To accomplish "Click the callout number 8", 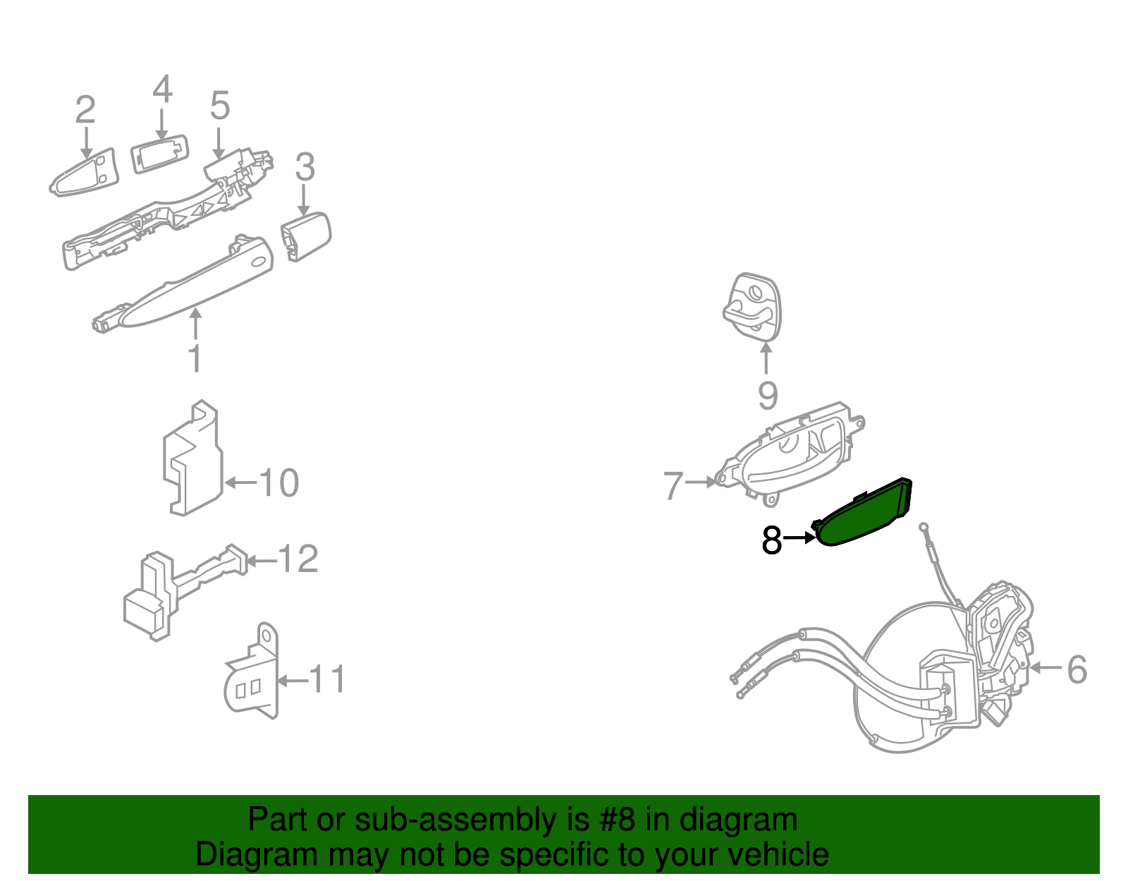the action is (x=771, y=540).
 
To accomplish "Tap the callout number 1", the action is (x=195, y=358).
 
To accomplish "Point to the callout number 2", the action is (x=85, y=109).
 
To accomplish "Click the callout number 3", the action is (x=305, y=166).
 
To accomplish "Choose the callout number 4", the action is (x=162, y=89).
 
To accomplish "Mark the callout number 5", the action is (x=220, y=105).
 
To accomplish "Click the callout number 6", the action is (x=1077, y=669).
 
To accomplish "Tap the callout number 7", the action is (x=674, y=485).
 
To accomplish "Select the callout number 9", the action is (x=768, y=396).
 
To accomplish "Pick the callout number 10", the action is (x=278, y=482).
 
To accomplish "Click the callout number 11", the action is (x=327, y=679).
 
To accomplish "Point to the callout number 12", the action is (x=298, y=559).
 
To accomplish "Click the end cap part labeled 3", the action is (x=306, y=237).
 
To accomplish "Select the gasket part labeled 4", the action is (x=160, y=153).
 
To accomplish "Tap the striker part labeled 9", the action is (x=752, y=308).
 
